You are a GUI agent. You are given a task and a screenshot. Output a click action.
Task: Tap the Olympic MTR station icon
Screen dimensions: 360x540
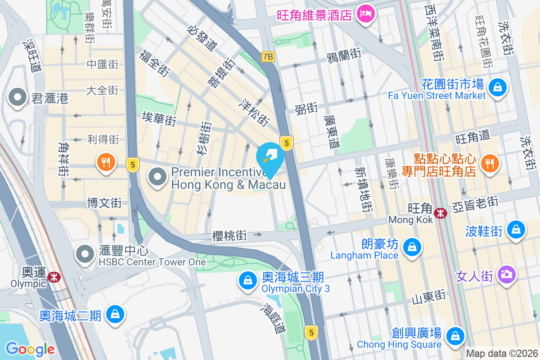click(x=54, y=277)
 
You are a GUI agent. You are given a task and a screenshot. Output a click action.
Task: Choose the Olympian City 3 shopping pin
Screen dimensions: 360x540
click(x=247, y=280)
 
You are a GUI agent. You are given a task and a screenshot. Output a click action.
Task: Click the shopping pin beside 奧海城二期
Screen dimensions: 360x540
click(x=115, y=314)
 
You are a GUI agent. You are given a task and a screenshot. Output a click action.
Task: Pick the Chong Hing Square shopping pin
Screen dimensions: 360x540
click(x=455, y=336)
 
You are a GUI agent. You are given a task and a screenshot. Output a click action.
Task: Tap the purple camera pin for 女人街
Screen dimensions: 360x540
click(x=507, y=274)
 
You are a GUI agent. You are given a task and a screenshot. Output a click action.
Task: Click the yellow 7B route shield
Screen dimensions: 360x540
click(x=268, y=56)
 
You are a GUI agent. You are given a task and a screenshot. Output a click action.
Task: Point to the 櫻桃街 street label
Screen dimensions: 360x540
click(x=229, y=235)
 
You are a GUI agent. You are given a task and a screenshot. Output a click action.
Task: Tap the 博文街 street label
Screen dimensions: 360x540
click(x=104, y=203)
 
